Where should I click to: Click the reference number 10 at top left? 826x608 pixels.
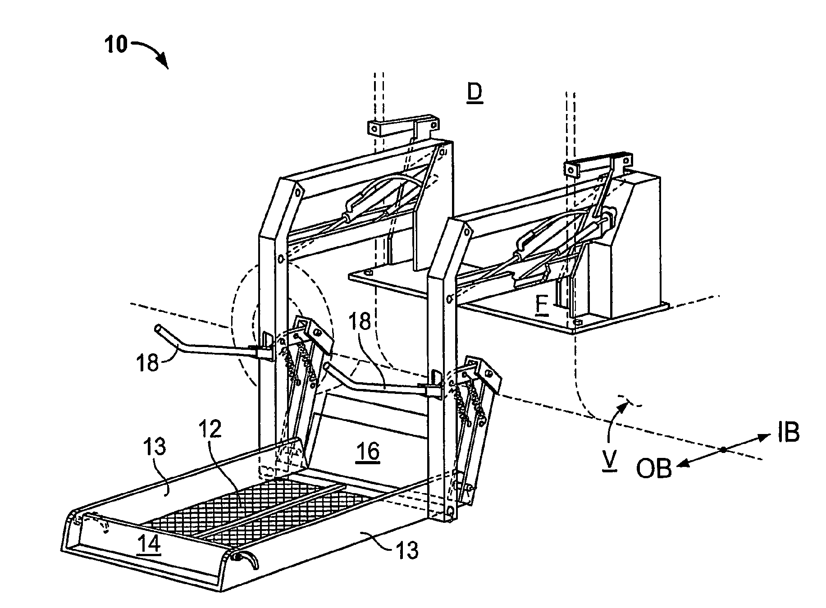(116, 45)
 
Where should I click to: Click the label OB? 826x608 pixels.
(653, 469)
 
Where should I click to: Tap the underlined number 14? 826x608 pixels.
(150, 544)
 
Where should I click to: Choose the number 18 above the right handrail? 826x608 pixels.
(359, 322)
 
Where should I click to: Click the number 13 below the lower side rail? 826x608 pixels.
(407, 550)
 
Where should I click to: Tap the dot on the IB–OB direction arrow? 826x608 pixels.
(722, 449)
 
